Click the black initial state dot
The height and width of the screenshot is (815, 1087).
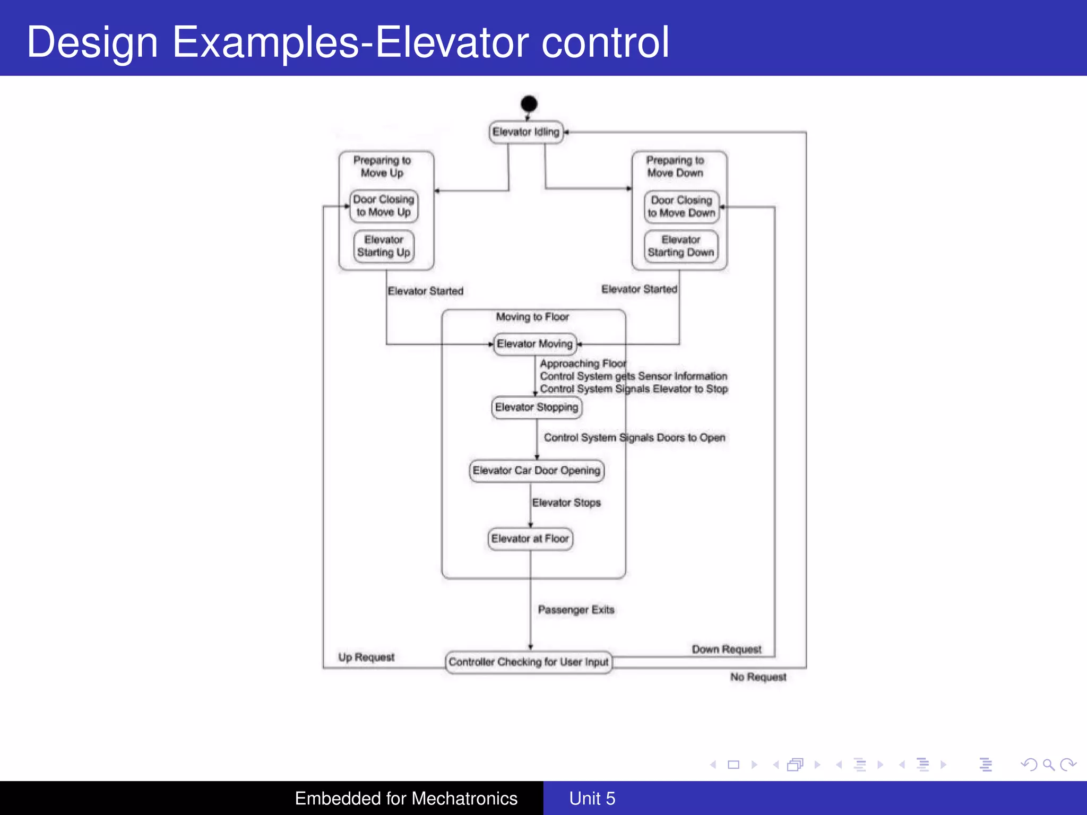[x=529, y=103]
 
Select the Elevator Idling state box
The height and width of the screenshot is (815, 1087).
[x=525, y=132]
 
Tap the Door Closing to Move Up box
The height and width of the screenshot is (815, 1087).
[x=384, y=206]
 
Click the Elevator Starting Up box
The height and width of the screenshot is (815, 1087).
[x=384, y=246]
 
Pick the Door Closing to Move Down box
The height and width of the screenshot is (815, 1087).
[x=681, y=206]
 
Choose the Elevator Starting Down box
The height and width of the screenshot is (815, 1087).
[x=681, y=246]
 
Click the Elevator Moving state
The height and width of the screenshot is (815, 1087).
[x=534, y=344]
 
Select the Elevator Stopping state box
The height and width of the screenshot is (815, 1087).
[x=536, y=407]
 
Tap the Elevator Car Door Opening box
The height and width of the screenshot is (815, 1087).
[x=536, y=471]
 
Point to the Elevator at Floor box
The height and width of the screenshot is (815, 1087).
[x=530, y=539]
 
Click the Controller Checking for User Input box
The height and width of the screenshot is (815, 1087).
[x=529, y=662]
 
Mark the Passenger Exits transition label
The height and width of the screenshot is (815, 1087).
[x=576, y=610]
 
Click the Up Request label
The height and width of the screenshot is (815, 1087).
[x=366, y=657]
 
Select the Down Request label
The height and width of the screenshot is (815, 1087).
[x=726, y=649]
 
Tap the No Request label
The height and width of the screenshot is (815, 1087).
[x=758, y=677]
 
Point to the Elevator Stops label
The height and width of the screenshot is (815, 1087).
[x=566, y=502]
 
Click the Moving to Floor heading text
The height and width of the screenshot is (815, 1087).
[x=532, y=317]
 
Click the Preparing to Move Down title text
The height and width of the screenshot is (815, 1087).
[x=675, y=167]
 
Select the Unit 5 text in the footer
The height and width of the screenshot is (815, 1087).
[x=592, y=798]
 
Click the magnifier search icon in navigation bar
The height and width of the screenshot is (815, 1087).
[x=1048, y=765]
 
